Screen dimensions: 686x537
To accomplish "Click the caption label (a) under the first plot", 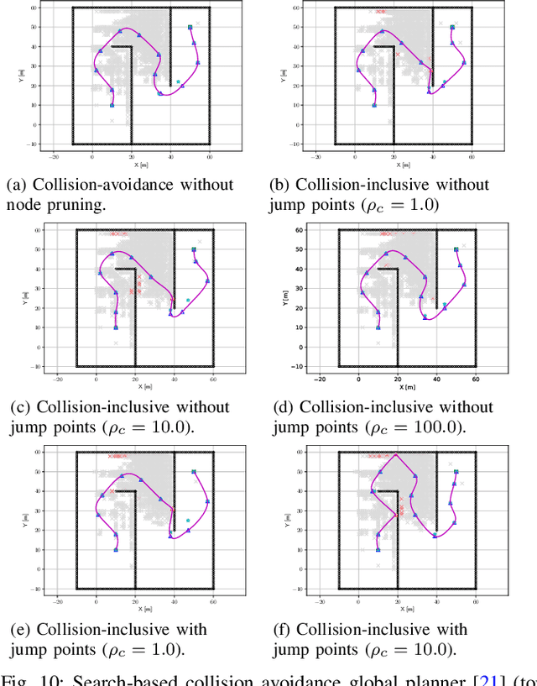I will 17,185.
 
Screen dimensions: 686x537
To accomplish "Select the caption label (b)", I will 279,185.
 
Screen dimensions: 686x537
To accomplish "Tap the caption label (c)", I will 20,407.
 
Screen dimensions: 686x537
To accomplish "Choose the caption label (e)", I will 20,630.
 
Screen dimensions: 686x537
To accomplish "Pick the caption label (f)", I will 282,630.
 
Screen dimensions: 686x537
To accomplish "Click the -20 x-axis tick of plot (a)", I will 54,156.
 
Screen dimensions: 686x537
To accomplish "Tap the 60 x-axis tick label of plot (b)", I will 472,156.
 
